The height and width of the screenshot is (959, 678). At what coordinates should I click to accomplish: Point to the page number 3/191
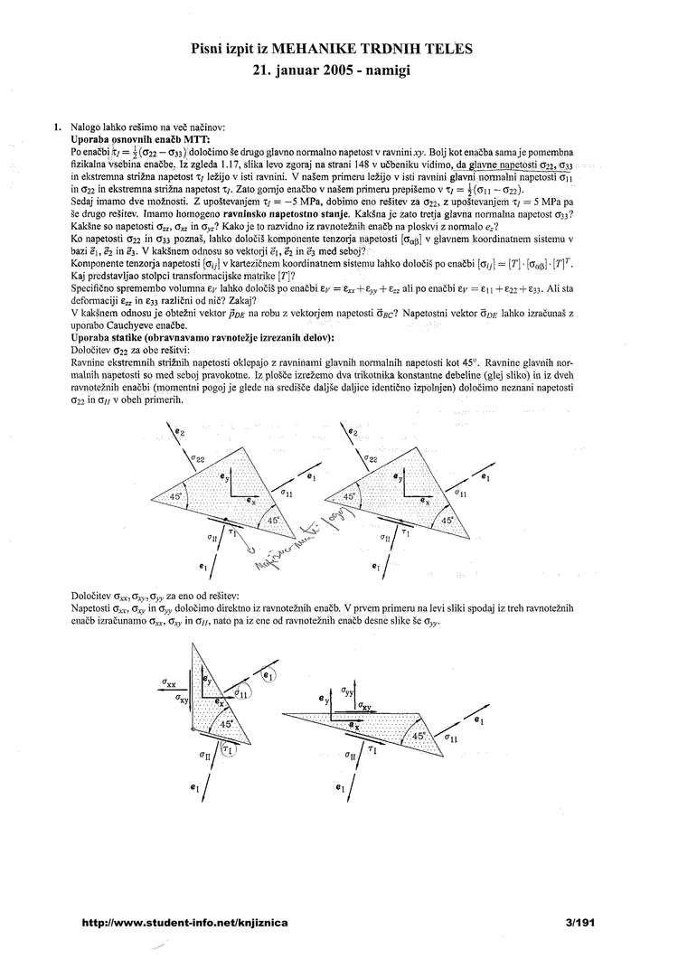click(x=579, y=923)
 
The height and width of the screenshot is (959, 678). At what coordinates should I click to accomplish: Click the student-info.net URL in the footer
click(x=184, y=923)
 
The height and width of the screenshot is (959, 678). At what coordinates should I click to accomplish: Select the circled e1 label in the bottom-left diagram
click(x=268, y=674)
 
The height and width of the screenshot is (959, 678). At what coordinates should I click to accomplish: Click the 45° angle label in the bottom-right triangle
click(x=417, y=737)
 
